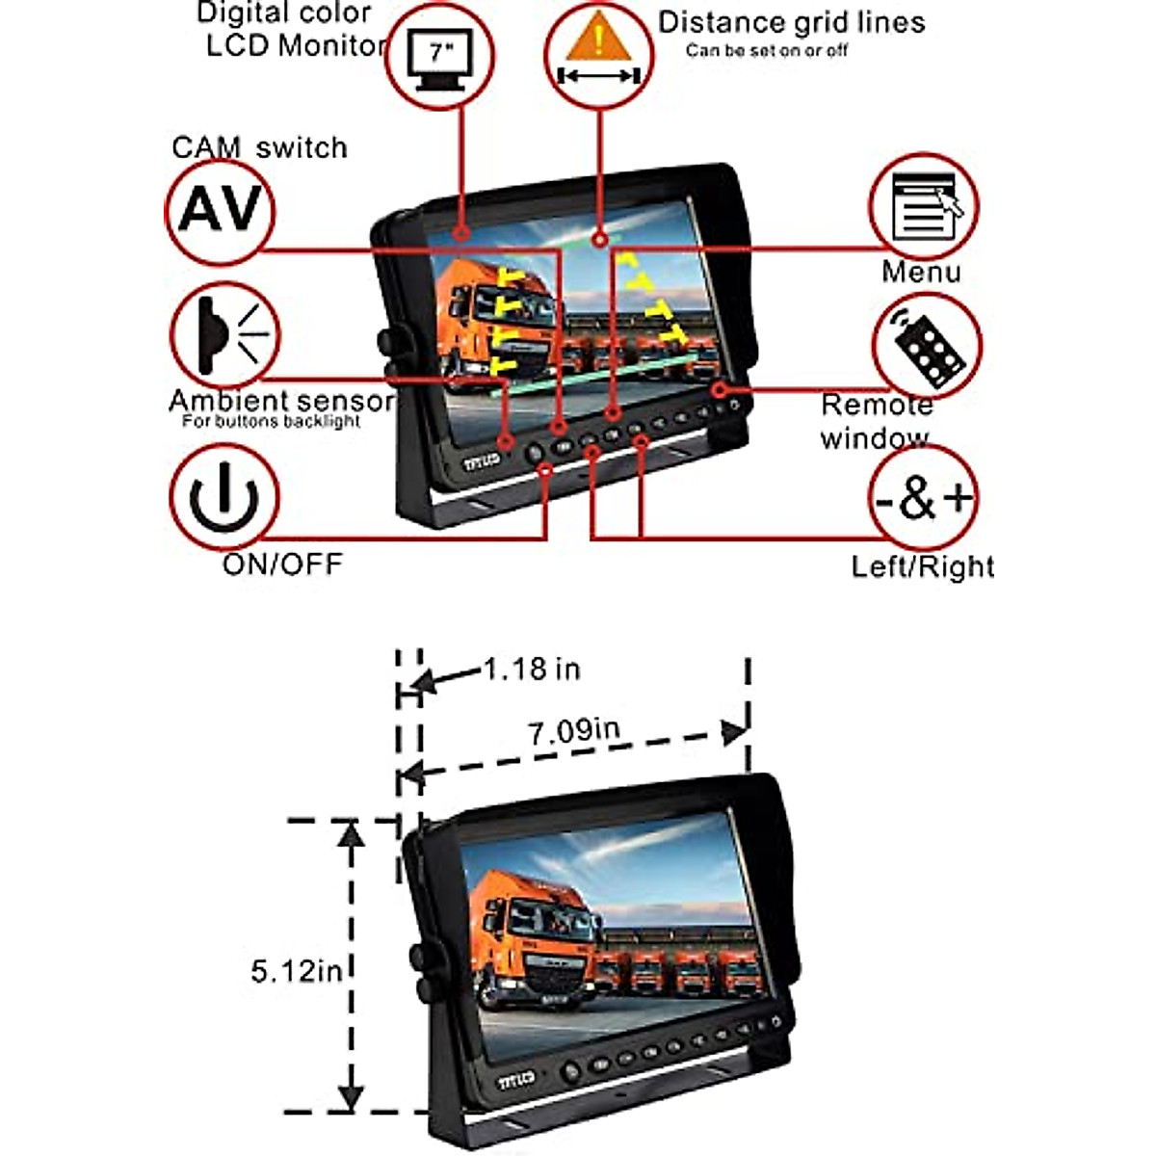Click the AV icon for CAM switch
[221, 209]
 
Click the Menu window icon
[924, 206]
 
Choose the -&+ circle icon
[923, 498]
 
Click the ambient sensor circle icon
[224, 335]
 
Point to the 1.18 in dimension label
[531, 669]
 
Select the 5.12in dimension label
[297, 970]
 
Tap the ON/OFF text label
[282, 564]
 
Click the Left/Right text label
[922, 566]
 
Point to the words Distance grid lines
[791, 22]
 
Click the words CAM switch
[259, 148]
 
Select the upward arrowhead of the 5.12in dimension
[352, 833]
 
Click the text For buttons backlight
[271, 422]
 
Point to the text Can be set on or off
[767, 50]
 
